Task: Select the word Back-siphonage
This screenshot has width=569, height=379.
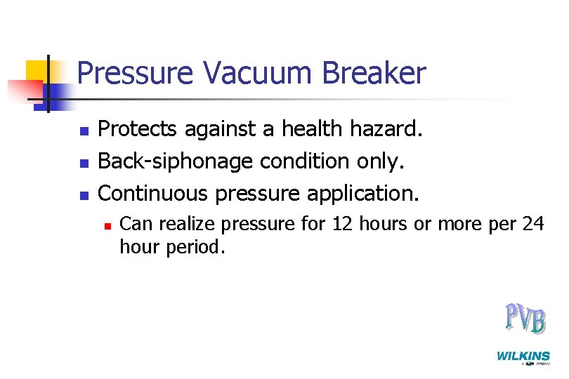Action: click(x=176, y=161)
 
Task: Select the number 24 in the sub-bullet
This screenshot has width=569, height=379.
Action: click(x=533, y=225)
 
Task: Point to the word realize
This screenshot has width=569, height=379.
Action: click(x=185, y=225)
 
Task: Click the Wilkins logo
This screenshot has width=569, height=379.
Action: click(x=523, y=357)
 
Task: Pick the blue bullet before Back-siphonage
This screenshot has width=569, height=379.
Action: click(x=84, y=162)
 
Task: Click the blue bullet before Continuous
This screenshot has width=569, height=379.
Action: click(x=84, y=193)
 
